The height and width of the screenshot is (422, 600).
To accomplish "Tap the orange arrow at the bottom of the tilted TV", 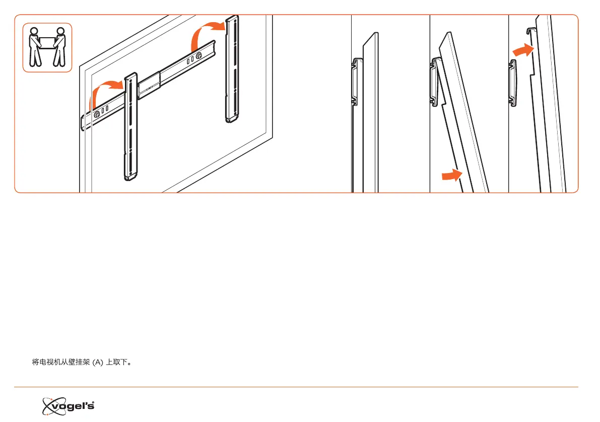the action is click(451, 175).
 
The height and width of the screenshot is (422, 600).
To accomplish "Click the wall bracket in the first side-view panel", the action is click(355, 80).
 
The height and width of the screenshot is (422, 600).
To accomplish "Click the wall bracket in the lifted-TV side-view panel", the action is click(513, 82).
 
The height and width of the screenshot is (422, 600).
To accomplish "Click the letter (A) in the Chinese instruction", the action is click(97, 362).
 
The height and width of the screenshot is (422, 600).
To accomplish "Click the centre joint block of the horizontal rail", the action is click(149, 85).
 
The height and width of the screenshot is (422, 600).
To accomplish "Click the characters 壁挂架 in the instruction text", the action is click(80, 362).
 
